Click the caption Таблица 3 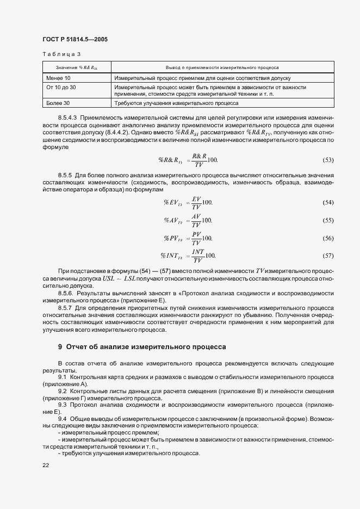[61, 54]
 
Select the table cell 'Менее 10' [59, 78]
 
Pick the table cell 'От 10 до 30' [61, 87]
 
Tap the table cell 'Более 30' [59, 102]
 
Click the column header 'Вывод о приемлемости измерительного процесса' [222, 68]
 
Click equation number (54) [328, 202]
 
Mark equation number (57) [328, 255]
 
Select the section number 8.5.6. [65, 293]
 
